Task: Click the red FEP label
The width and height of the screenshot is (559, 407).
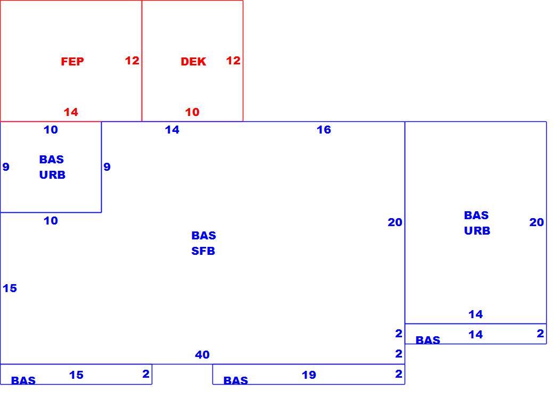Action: (72, 62)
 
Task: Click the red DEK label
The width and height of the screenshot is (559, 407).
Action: (193, 62)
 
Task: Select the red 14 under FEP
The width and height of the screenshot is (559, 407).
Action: (71, 112)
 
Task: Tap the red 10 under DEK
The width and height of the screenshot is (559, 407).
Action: (192, 112)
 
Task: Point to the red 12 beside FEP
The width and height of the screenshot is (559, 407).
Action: (132, 61)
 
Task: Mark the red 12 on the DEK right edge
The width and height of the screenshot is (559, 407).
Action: (233, 61)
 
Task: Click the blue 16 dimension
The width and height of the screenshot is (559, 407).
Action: (324, 130)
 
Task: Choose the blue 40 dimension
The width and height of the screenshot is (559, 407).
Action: (202, 355)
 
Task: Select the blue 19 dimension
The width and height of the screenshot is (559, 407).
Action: (309, 375)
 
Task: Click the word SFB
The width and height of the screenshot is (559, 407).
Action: (203, 251)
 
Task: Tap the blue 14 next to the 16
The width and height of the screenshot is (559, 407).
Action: (172, 130)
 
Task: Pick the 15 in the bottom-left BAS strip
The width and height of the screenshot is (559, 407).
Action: (76, 375)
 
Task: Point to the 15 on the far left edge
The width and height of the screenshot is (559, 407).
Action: (10, 288)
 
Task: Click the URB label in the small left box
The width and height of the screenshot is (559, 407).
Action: (52, 175)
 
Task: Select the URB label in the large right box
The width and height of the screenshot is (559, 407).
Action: (477, 231)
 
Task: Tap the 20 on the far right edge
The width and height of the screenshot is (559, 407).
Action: (536, 222)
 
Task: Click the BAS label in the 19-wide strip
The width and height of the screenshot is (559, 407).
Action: (236, 380)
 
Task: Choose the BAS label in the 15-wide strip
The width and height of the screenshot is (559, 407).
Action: (23, 380)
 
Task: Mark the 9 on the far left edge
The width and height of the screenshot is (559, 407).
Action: (6, 167)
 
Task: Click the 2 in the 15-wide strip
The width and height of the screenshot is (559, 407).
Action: (145, 374)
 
